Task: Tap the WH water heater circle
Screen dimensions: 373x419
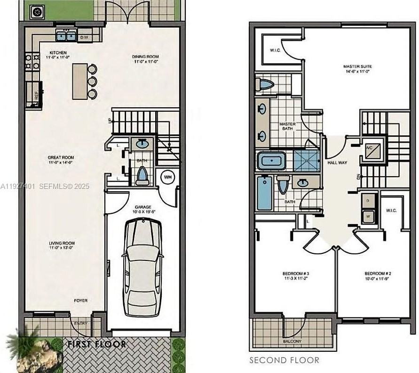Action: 167,177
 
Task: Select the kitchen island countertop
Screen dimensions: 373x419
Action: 79,81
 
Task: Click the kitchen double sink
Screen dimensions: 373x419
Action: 66,36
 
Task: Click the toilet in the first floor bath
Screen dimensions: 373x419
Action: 142,176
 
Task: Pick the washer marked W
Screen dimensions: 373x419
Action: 368,216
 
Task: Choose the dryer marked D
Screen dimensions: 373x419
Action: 368,201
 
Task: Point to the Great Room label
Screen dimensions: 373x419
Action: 61,160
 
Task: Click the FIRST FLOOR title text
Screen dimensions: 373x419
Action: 97,344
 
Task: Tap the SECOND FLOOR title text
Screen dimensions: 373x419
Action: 284,360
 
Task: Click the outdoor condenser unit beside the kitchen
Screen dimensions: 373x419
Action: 37,12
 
